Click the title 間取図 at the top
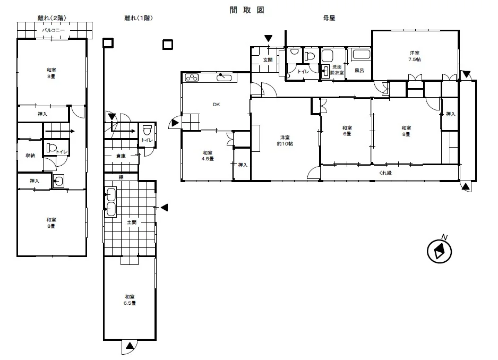coord(247,10)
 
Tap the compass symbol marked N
coord(439,251)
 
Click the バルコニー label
coord(53,30)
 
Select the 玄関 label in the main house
coord(268,60)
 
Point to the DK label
coord(216,105)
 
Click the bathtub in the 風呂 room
coord(361,55)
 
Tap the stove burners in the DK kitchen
coord(192,78)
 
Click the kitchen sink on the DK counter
coord(227,78)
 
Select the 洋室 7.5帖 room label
coord(415,56)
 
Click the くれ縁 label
coord(385,173)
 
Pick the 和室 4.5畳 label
coord(208,156)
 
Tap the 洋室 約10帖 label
coord(285,140)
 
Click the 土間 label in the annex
coord(132,222)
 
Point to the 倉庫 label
coord(121,156)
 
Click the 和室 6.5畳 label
coord(130,300)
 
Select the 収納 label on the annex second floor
coord(30,156)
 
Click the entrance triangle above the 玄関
coord(268,38)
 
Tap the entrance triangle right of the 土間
coord(164,208)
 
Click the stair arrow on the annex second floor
coord(60,131)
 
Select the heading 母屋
coord(329,18)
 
